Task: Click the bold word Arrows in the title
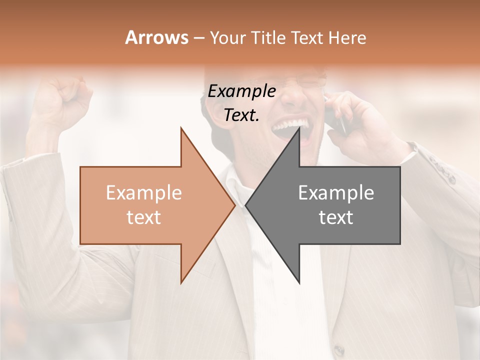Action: [x=156, y=37]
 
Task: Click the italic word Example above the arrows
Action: [x=241, y=91]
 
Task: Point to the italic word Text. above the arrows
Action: [x=241, y=115]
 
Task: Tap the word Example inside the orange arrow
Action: [x=144, y=193]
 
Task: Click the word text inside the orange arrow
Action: [x=144, y=217]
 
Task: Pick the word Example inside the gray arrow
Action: [x=336, y=193]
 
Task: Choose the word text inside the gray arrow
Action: [x=336, y=217]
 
